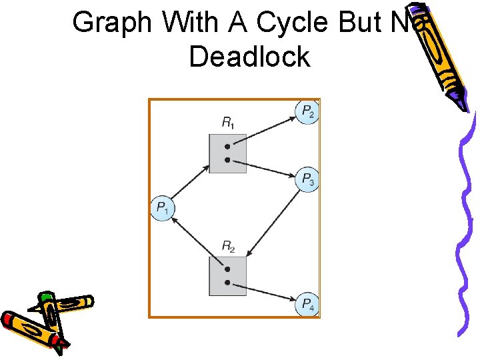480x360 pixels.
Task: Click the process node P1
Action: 162,209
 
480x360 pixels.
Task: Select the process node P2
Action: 307,111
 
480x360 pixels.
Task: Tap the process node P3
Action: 307,179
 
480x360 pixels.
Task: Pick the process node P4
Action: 307,304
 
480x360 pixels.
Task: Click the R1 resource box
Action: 227,153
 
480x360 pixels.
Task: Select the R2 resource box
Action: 227,276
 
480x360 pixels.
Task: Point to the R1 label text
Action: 228,123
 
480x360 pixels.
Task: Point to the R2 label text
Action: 228,248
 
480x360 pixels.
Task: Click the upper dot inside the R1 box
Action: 227,146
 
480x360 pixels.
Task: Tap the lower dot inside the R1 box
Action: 227,160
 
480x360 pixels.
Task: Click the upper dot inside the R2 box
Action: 227,269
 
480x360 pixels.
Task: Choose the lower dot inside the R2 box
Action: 227,283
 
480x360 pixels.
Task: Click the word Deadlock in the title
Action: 249,57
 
